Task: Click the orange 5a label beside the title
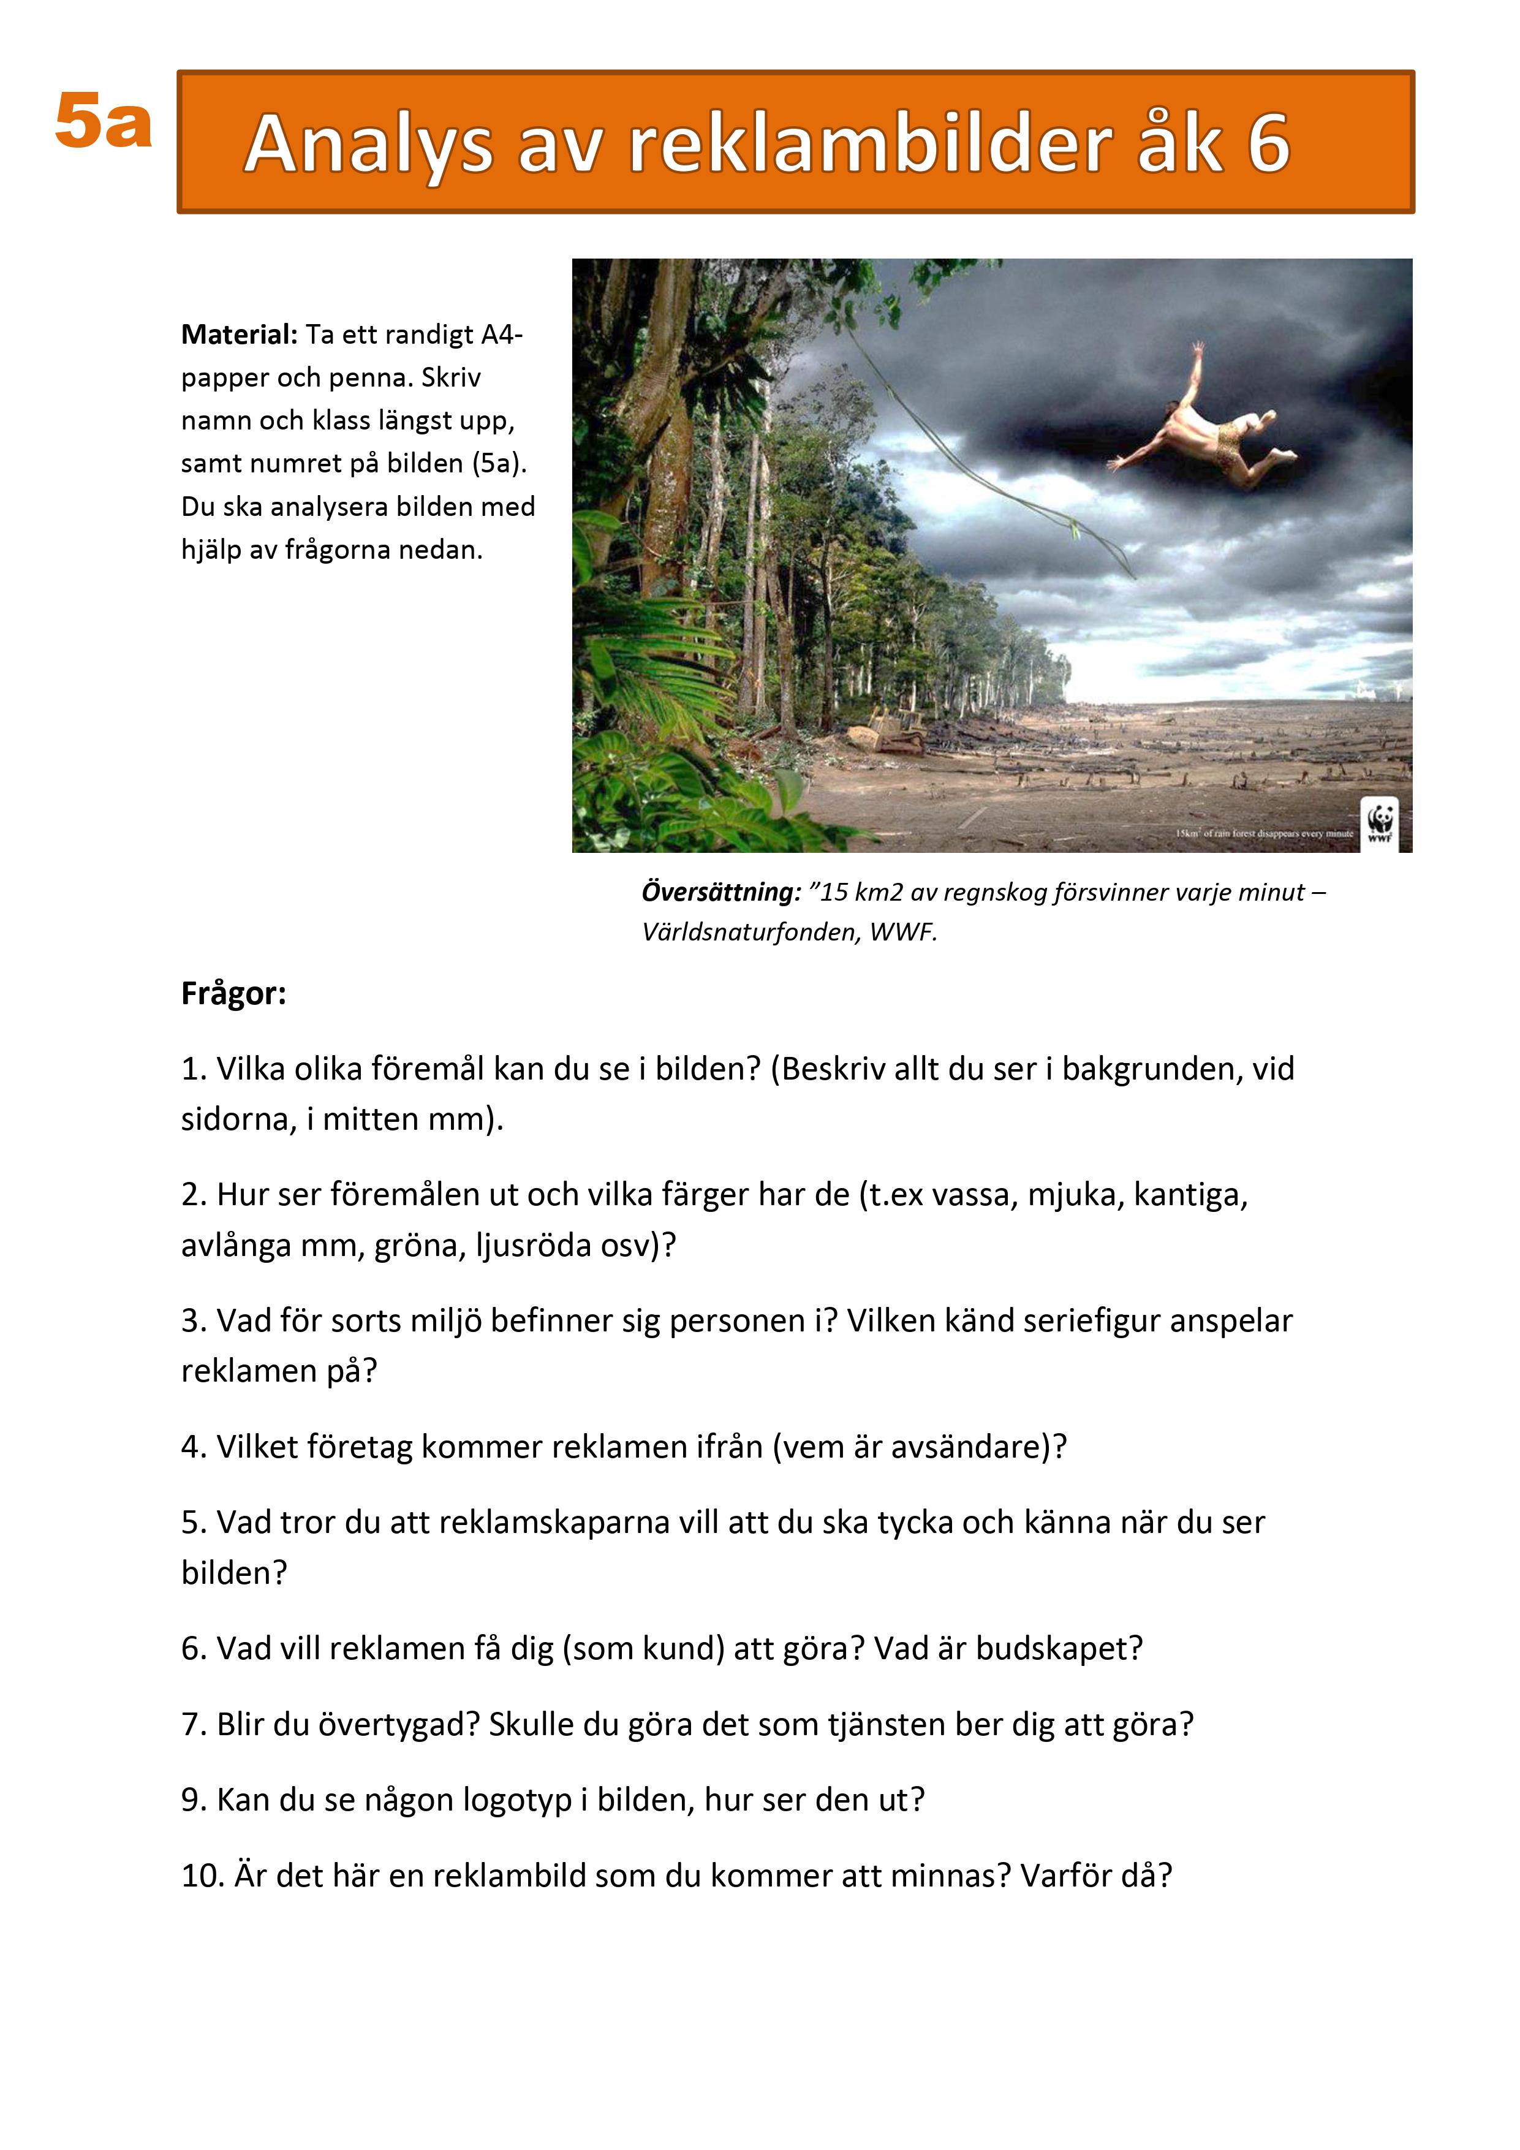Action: pyautogui.click(x=103, y=123)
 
